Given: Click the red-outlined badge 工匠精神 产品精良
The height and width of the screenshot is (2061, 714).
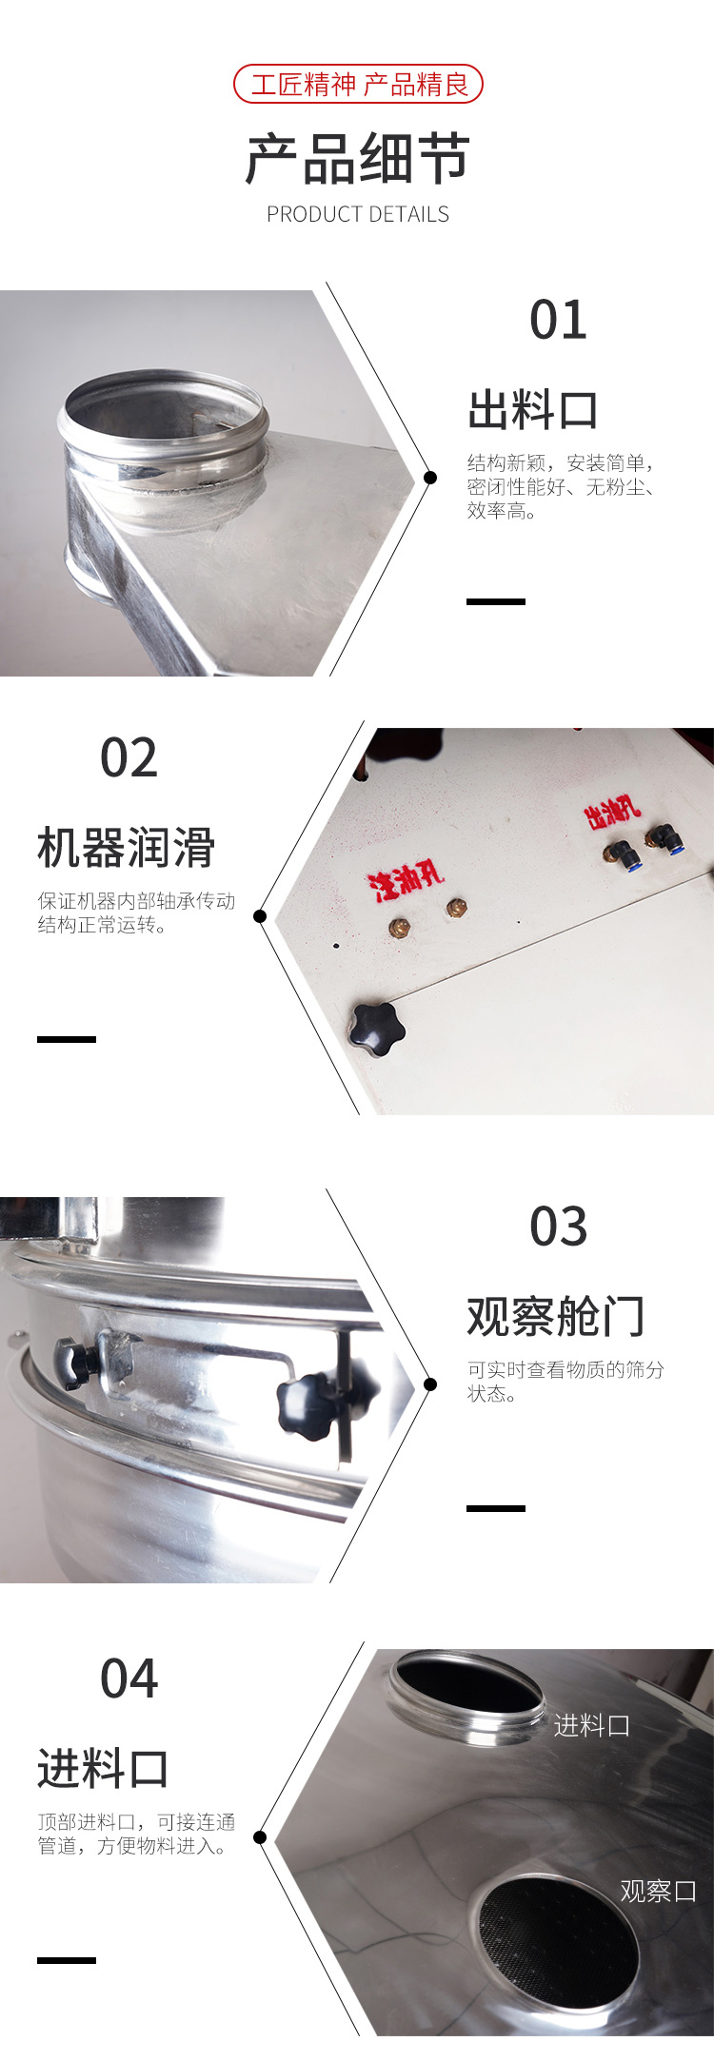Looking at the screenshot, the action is pos(358,85).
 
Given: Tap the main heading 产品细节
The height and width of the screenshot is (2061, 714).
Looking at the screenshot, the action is pos(358,158).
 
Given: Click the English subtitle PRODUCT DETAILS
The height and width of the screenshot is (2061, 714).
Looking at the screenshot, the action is pos(358,214).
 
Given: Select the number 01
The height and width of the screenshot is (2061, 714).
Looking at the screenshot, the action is pos(558,320).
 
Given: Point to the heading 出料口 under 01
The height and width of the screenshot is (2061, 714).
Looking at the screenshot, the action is pos(533,410).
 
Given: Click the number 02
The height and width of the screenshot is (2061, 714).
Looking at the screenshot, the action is pos(129,757).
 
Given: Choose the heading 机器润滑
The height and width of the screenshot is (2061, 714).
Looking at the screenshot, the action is pos(127,847).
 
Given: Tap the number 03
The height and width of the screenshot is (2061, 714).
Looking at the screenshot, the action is pos(558,1227).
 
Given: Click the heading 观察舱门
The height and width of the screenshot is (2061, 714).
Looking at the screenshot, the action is pos(556,1316).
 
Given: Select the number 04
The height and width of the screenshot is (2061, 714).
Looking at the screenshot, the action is pos(129,1678).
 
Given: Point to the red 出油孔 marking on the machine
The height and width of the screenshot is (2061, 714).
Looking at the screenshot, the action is pos(612,811).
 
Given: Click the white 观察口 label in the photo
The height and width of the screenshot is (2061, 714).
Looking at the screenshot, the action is pos(658,1891).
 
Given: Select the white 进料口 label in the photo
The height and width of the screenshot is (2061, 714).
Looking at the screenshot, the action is pos(592,1725).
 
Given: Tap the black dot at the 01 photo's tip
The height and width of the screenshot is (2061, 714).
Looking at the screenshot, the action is pos(430,477).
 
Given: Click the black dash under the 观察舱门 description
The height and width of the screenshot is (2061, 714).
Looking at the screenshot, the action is pos(496,1508).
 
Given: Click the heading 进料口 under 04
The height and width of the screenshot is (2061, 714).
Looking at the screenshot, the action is pos(104,1769).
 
